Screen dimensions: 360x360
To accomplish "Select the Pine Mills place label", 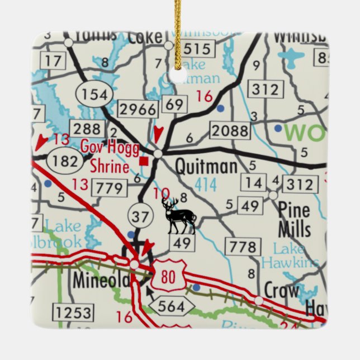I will click(293, 219).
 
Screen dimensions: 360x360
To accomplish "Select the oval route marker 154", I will click(94, 94).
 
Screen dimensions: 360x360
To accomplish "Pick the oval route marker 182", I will click(66, 161).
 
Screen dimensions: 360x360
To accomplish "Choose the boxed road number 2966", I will click(137, 109).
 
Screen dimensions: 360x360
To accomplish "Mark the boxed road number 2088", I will click(230, 131).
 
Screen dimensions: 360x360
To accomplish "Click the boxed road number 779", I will click(109, 188).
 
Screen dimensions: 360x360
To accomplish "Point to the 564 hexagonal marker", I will click(172, 305).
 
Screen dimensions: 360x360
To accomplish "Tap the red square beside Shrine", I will click(144, 162).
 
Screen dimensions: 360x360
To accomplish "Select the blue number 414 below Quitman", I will click(205, 185).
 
